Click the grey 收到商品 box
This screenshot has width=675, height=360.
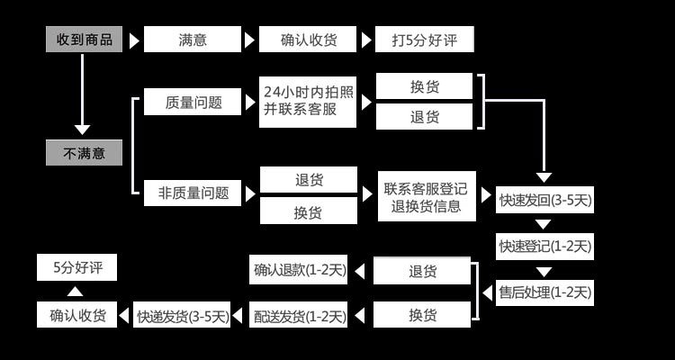[85, 40]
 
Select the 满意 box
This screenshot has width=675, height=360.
[193, 40]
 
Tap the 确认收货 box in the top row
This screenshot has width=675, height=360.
[309, 40]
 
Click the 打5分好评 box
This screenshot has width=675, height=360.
[424, 40]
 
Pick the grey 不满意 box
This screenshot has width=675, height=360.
[84, 153]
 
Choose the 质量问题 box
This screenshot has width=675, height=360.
[193, 102]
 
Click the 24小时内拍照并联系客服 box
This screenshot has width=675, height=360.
[309, 101]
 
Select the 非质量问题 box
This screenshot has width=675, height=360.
[193, 192]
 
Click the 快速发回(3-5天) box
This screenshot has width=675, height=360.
[545, 200]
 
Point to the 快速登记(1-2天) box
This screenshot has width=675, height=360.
[545, 246]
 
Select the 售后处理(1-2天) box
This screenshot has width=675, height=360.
[545, 292]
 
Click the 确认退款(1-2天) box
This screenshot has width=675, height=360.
[299, 269]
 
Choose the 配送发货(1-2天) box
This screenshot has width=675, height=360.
[299, 315]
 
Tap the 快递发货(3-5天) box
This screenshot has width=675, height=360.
[183, 316]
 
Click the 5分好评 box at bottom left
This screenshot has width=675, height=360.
[77, 267]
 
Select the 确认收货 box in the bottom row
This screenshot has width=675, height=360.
[77, 315]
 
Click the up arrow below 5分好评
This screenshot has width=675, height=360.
[76, 292]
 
